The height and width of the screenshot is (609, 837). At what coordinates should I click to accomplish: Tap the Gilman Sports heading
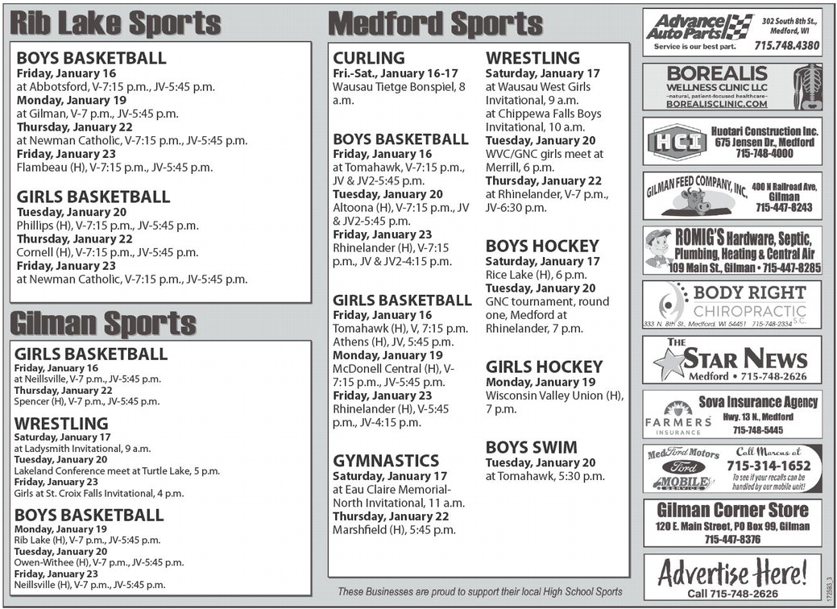pos(103,324)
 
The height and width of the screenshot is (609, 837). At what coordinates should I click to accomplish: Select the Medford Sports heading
pos(436,23)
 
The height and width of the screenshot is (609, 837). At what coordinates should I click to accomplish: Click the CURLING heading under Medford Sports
pos(369,58)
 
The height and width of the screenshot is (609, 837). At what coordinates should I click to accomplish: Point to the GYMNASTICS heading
pos(386,461)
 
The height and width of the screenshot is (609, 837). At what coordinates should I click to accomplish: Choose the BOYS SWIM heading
pos(531,447)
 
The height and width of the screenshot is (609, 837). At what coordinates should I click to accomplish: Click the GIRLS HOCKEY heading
pos(544,367)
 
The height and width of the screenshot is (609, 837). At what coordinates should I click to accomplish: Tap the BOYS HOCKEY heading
pos(542,246)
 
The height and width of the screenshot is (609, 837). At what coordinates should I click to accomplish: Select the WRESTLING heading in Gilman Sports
pos(61,423)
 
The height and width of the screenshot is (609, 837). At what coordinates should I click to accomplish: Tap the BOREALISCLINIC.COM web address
pos(717,104)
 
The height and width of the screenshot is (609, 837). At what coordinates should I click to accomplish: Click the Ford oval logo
pos(683,467)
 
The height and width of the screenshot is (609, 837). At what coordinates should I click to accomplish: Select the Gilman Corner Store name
pos(732,510)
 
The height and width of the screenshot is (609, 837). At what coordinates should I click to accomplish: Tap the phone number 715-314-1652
pos(769,466)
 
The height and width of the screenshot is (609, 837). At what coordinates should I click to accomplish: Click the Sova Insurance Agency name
pos(758,402)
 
